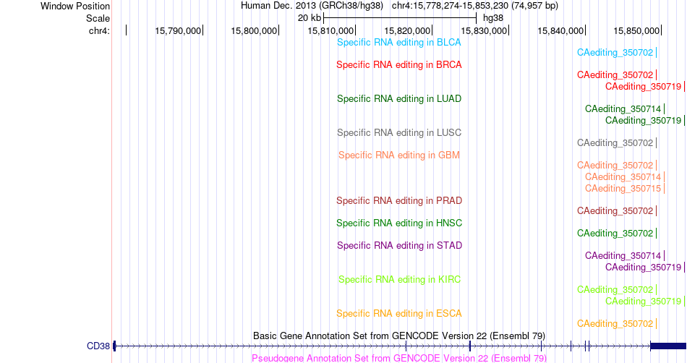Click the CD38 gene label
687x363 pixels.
click(98, 346)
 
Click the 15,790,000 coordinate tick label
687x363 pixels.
click(178, 30)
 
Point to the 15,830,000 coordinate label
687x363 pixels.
click(484, 30)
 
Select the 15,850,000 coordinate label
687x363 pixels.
click(636, 30)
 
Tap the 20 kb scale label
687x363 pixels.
click(310, 18)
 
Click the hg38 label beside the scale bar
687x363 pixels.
click(493, 18)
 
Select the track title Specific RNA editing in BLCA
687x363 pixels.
click(399, 43)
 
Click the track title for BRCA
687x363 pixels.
click(399, 65)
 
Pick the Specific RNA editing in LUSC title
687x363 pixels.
click(399, 132)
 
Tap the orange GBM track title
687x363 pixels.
click(399, 155)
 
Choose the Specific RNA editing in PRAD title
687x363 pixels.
click(399, 200)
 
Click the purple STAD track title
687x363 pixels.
click(399, 246)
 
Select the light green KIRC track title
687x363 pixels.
click(399, 279)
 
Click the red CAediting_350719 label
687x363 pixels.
click(643, 87)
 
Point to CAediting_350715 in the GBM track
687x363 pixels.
click(623, 188)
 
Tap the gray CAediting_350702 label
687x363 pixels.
click(615, 143)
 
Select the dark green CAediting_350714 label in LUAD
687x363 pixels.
click(623, 109)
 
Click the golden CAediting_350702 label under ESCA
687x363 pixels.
click(615, 324)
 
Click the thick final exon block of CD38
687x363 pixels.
click(668, 346)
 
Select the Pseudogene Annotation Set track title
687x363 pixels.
click(399, 358)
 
